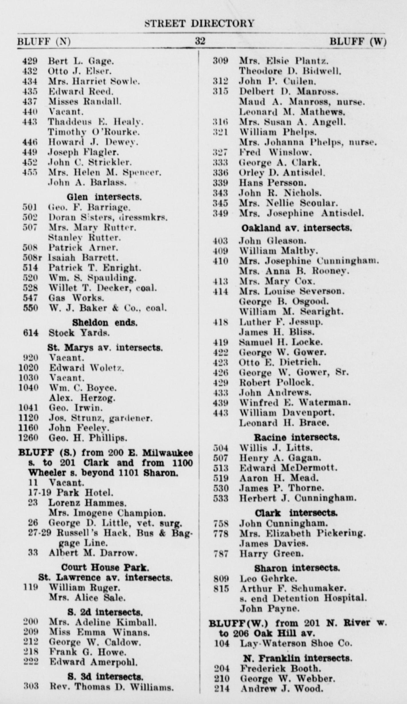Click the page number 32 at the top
pyautogui.click(x=200, y=41)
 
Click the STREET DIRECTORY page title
pyautogui.click(x=199, y=23)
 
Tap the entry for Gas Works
pyautogui.click(x=76, y=298)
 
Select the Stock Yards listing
pyautogui.click(x=79, y=333)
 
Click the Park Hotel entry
pyautogui.click(x=85, y=493)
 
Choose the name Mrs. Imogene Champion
pyautogui.click(x=107, y=513)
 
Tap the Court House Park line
pyautogui.click(x=105, y=567)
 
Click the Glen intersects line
pyautogui.click(x=104, y=197)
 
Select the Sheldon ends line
pyautogui.click(x=105, y=323)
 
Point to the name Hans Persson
pyautogui.click(x=273, y=183)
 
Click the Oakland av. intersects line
pyautogui.click(x=297, y=228)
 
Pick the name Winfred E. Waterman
pyautogui.click(x=295, y=403)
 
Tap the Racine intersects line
pyautogui.click(x=297, y=438)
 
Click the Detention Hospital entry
pyautogui.click(x=303, y=599)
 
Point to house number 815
pyautogui.click(x=221, y=589)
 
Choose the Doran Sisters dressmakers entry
pyautogui.click(x=108, y=217)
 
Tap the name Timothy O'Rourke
pyautogui.click(x=94, y=132)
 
